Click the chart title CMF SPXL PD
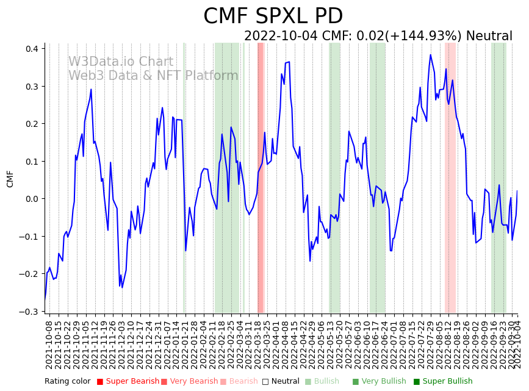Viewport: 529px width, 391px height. pos(273,16)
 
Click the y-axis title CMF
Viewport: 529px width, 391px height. pos(10,179)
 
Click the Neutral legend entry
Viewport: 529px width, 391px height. pos(280,381)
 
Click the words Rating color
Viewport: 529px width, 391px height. pos(67,381)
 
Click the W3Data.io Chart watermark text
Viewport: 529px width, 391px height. pos(121,62)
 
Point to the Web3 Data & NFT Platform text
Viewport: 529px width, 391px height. pos(153,76)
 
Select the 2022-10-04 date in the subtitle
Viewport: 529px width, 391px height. pos(281,36)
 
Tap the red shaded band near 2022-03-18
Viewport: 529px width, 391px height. pos(261,177)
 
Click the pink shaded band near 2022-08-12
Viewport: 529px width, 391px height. pos(450,177)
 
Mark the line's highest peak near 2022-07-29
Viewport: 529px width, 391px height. pos(430,55)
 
